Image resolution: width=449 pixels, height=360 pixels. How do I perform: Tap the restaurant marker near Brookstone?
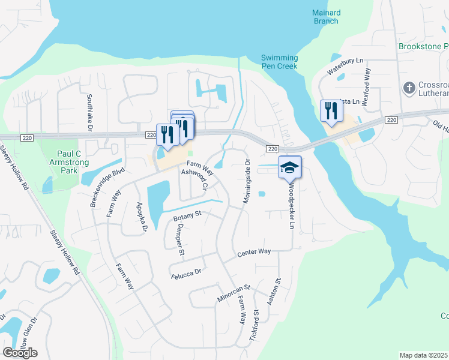(x=330, y=111)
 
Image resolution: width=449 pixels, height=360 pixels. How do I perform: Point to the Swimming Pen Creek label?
(x=279, y=62)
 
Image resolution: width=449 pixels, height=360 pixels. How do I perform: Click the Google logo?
(x=20, y=352)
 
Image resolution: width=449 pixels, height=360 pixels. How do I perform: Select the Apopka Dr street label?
(x=143, y=217)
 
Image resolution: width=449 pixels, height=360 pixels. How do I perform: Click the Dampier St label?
(x=177, y=239)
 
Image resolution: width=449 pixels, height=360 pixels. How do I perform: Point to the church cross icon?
(x=409, y=88)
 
